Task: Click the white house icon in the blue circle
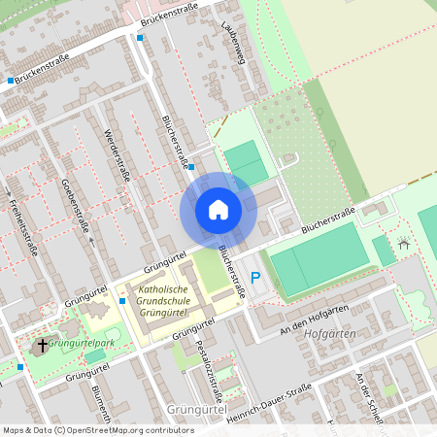[x=218, y=209]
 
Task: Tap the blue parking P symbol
[x=256, y=279]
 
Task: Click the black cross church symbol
[x=41, y=346]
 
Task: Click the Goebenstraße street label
[x=76, y=203]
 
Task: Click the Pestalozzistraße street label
[x=209, y=369]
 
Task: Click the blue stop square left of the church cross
[x=20, y=366]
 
